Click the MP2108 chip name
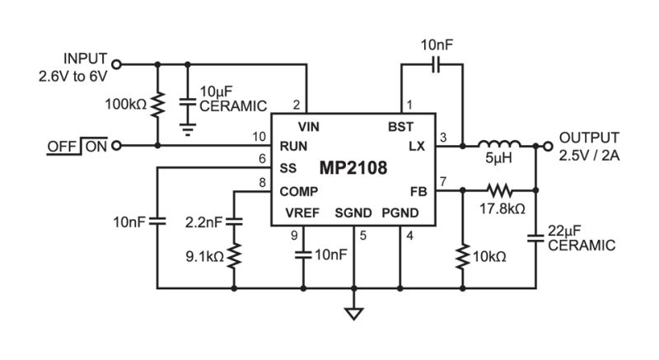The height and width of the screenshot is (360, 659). [353, 168]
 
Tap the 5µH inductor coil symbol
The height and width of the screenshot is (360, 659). [499, 143]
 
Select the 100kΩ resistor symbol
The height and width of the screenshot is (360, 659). [157, 105]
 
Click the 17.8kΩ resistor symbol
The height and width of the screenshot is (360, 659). [500, 190]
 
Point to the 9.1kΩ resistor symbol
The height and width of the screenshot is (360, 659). [234, 255]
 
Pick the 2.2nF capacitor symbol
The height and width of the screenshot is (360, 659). [234, 222]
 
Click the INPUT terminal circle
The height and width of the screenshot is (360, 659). [117, 64]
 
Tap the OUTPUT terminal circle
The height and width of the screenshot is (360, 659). [548, 146]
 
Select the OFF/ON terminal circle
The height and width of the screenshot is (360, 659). [117, 145]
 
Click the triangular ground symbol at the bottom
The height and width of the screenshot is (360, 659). [354, 314]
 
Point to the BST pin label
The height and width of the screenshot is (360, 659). [400, 126]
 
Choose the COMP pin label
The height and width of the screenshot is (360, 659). [299, 192]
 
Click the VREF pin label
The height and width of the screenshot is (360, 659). [302, 213]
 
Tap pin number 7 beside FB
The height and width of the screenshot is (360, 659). [443, 182]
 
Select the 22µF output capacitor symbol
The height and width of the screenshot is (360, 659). [536, 238]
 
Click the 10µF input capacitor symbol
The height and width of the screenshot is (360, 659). [188, 102]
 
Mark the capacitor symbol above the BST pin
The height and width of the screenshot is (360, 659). [437, 65]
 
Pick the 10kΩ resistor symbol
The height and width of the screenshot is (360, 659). [463, 256]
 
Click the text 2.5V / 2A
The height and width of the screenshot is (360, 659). [589, 156]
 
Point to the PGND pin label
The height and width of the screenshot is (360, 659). [400, 213]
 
